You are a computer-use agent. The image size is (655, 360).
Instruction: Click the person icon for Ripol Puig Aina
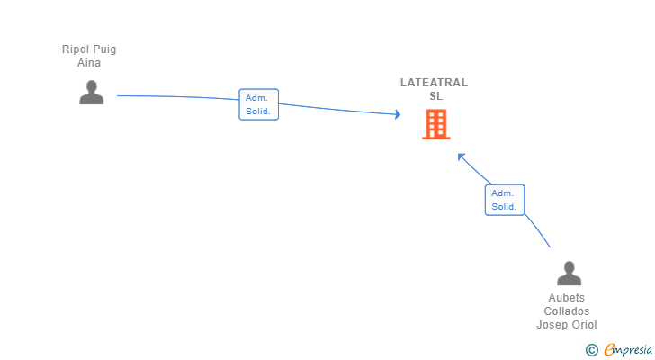point(91,93)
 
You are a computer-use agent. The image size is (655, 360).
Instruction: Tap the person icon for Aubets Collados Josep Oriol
point(569,274)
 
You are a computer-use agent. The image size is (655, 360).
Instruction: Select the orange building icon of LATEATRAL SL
point(436,125)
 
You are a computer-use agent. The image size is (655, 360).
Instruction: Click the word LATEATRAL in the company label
point(434,83)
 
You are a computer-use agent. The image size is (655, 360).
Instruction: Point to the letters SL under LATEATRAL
point(435,96)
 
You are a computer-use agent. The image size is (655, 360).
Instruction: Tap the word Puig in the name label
point(105,49)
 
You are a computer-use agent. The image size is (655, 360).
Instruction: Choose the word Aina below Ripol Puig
point(89,63)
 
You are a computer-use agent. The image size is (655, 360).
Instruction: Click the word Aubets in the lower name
point(567,298)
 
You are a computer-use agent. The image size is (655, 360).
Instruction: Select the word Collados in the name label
point(567,311)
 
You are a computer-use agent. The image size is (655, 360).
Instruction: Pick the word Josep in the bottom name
point(552,325)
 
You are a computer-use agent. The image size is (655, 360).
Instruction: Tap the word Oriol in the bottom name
point(583,325)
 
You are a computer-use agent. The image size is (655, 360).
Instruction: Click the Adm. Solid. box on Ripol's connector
point(258,104)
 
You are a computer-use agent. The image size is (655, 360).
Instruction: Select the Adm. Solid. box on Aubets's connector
point(504,200)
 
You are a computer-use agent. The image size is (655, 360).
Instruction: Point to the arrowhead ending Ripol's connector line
point(397,114)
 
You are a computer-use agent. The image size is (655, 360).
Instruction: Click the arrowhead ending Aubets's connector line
point(461,156)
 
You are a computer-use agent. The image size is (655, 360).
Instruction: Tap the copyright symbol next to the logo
point(591,350)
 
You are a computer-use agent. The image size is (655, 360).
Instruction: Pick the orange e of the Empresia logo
point(609,350)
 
